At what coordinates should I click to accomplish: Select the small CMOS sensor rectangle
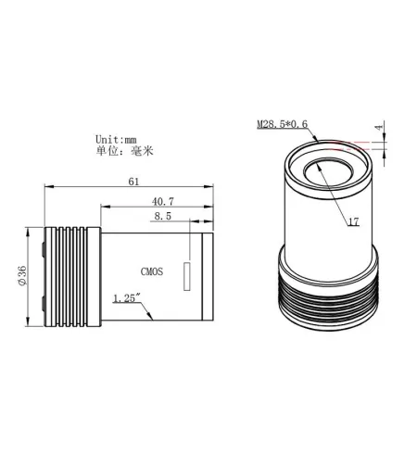[188, 276]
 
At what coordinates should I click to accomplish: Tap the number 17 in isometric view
[353, 221]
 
